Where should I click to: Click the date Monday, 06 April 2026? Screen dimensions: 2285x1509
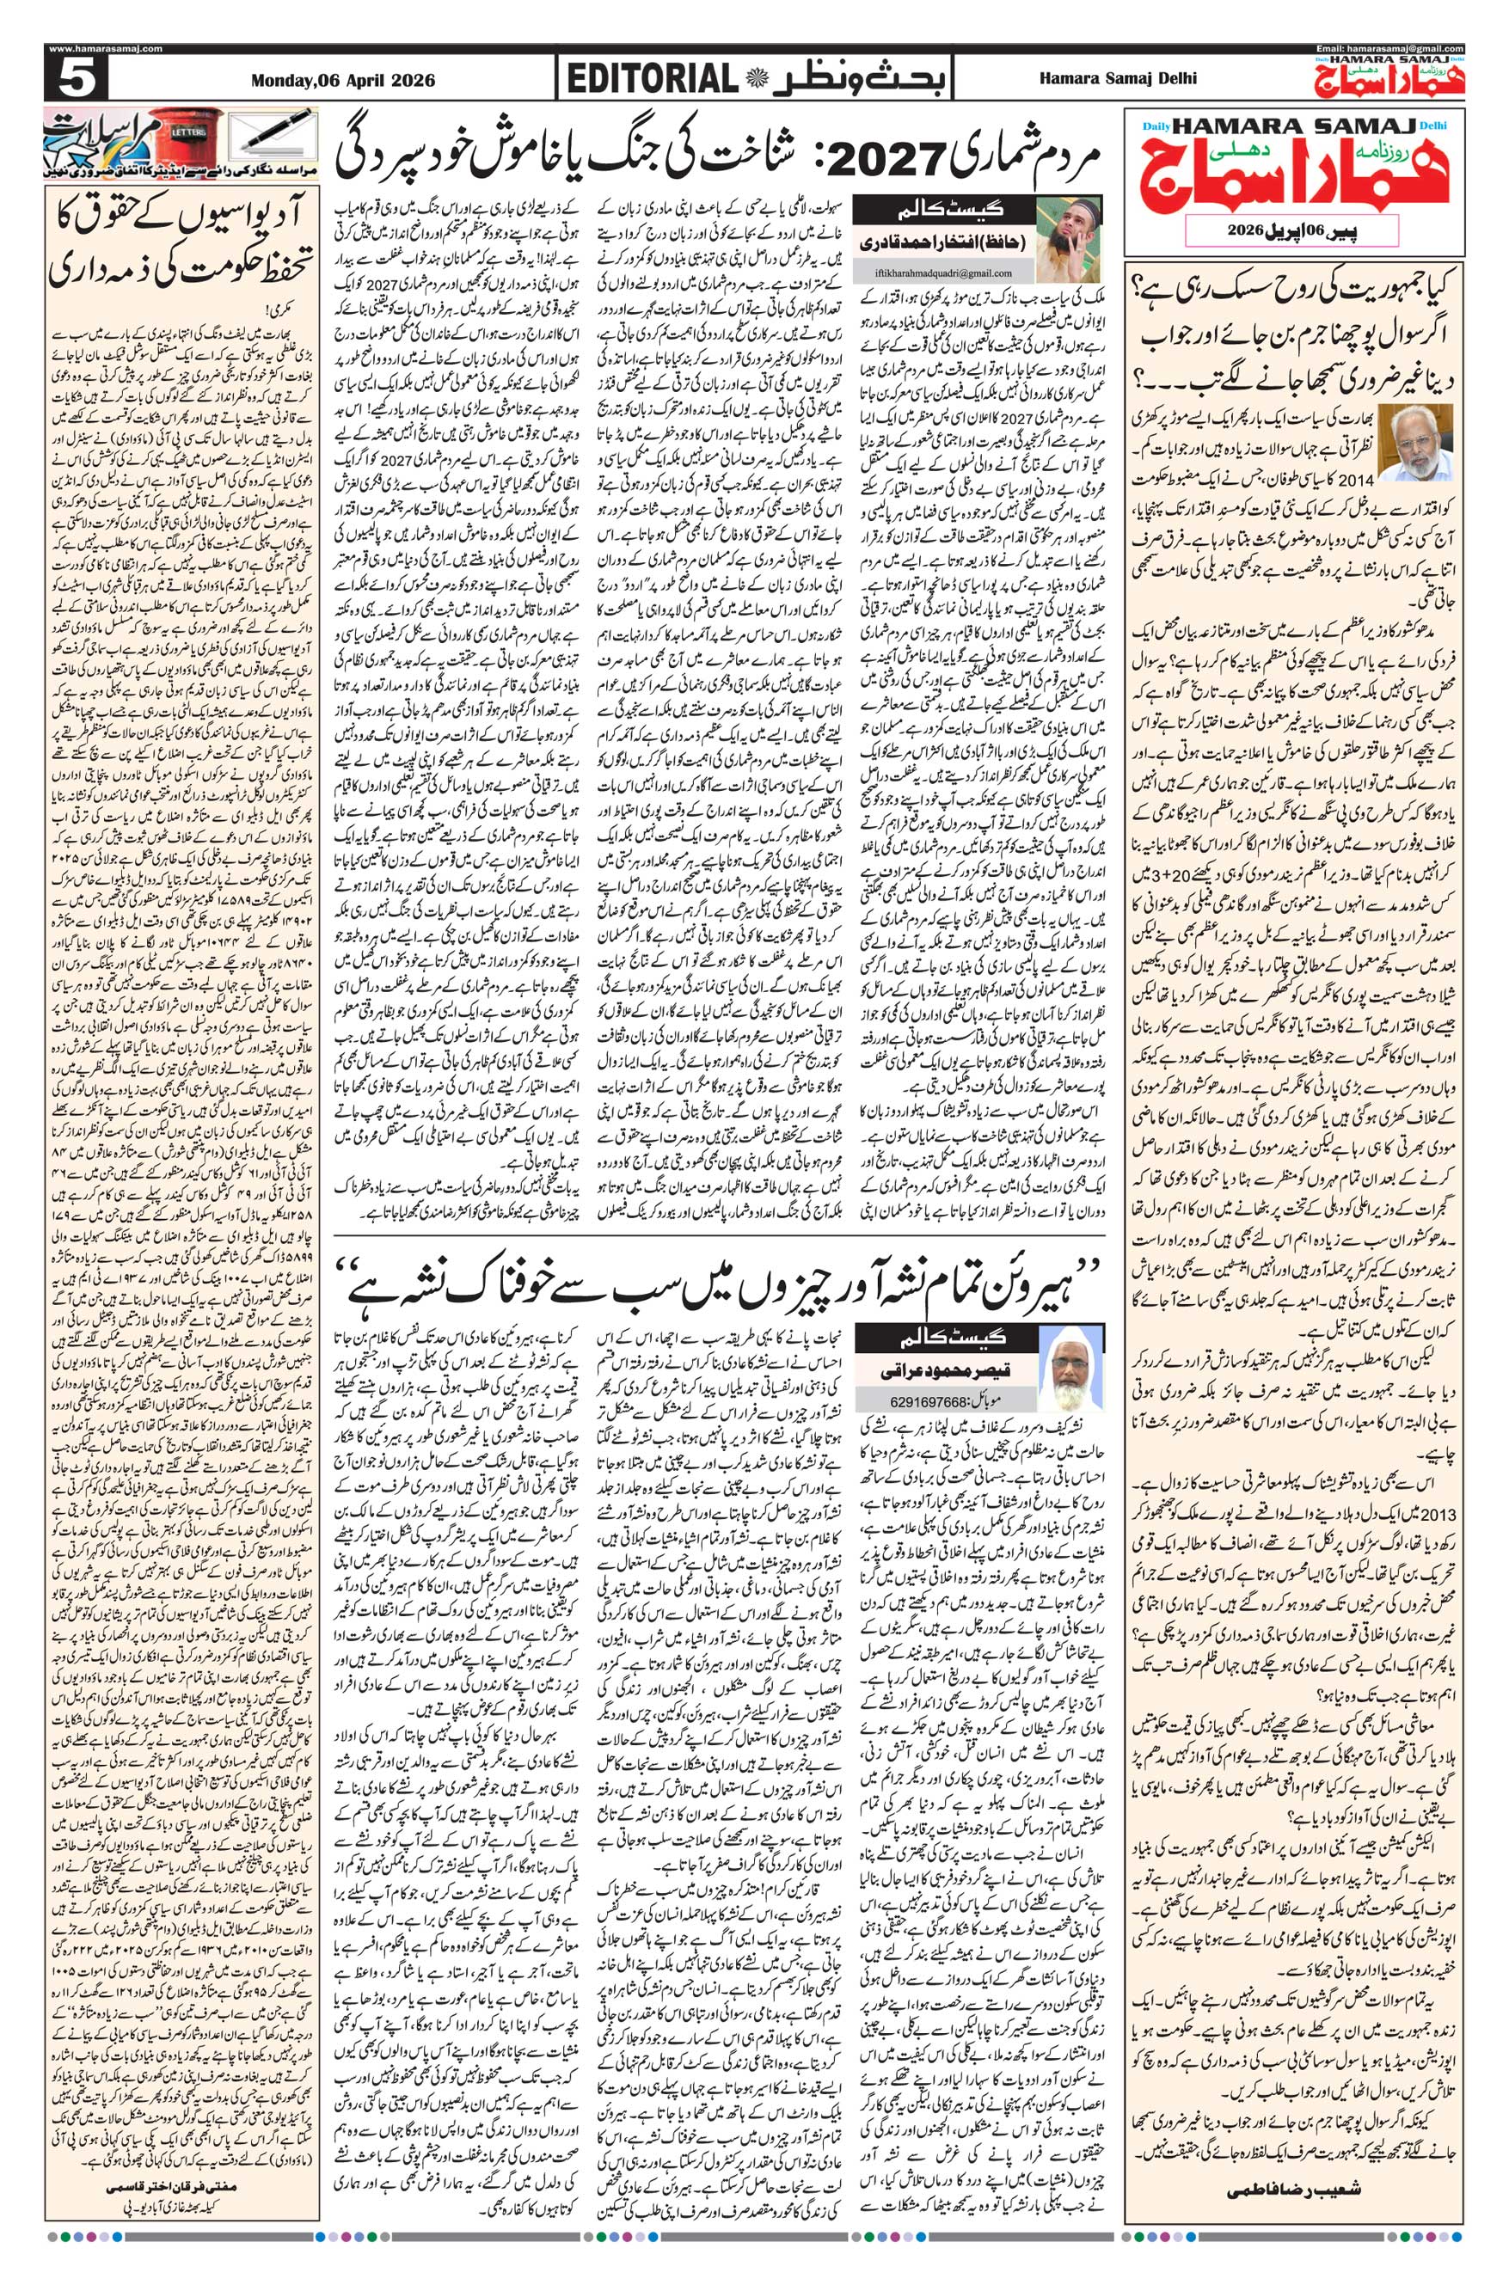341,81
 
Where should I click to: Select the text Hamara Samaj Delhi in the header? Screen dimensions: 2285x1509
1119,79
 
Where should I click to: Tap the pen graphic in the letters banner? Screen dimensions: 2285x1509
280,131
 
